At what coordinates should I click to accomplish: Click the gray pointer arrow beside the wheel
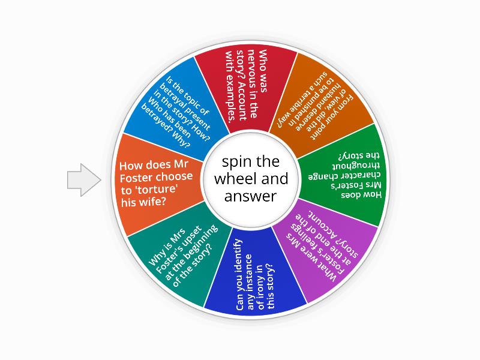click(84, 180)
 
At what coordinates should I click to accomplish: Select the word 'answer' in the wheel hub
click(250, 197)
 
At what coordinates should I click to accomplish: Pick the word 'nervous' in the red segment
click(252, 83)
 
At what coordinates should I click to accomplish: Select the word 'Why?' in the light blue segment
click(182, 139)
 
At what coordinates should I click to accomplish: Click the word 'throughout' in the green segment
click(356, 166)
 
